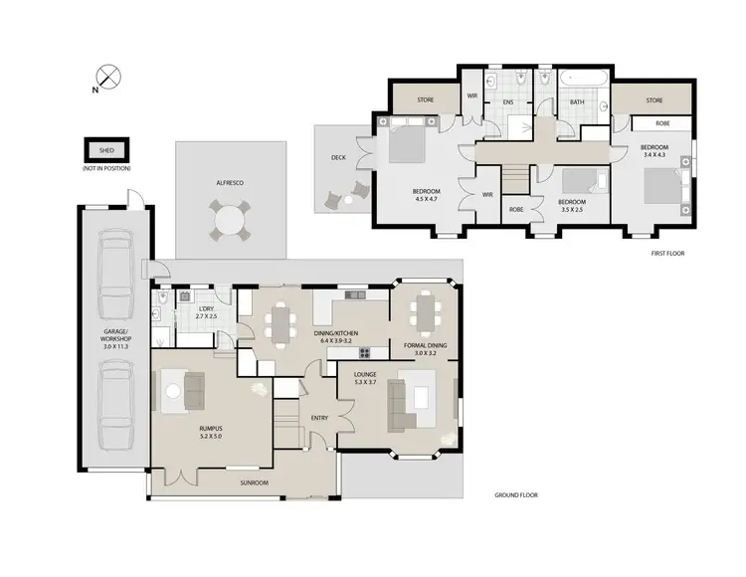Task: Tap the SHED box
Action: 106,150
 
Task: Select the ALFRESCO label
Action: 231,184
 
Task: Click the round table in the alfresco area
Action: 231,219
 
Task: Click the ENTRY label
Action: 319,419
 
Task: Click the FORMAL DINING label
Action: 425,348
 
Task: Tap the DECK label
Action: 338,158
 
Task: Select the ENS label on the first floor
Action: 507,100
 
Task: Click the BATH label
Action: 576,101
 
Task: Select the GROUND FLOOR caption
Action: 516,493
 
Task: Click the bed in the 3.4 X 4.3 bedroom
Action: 664,190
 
